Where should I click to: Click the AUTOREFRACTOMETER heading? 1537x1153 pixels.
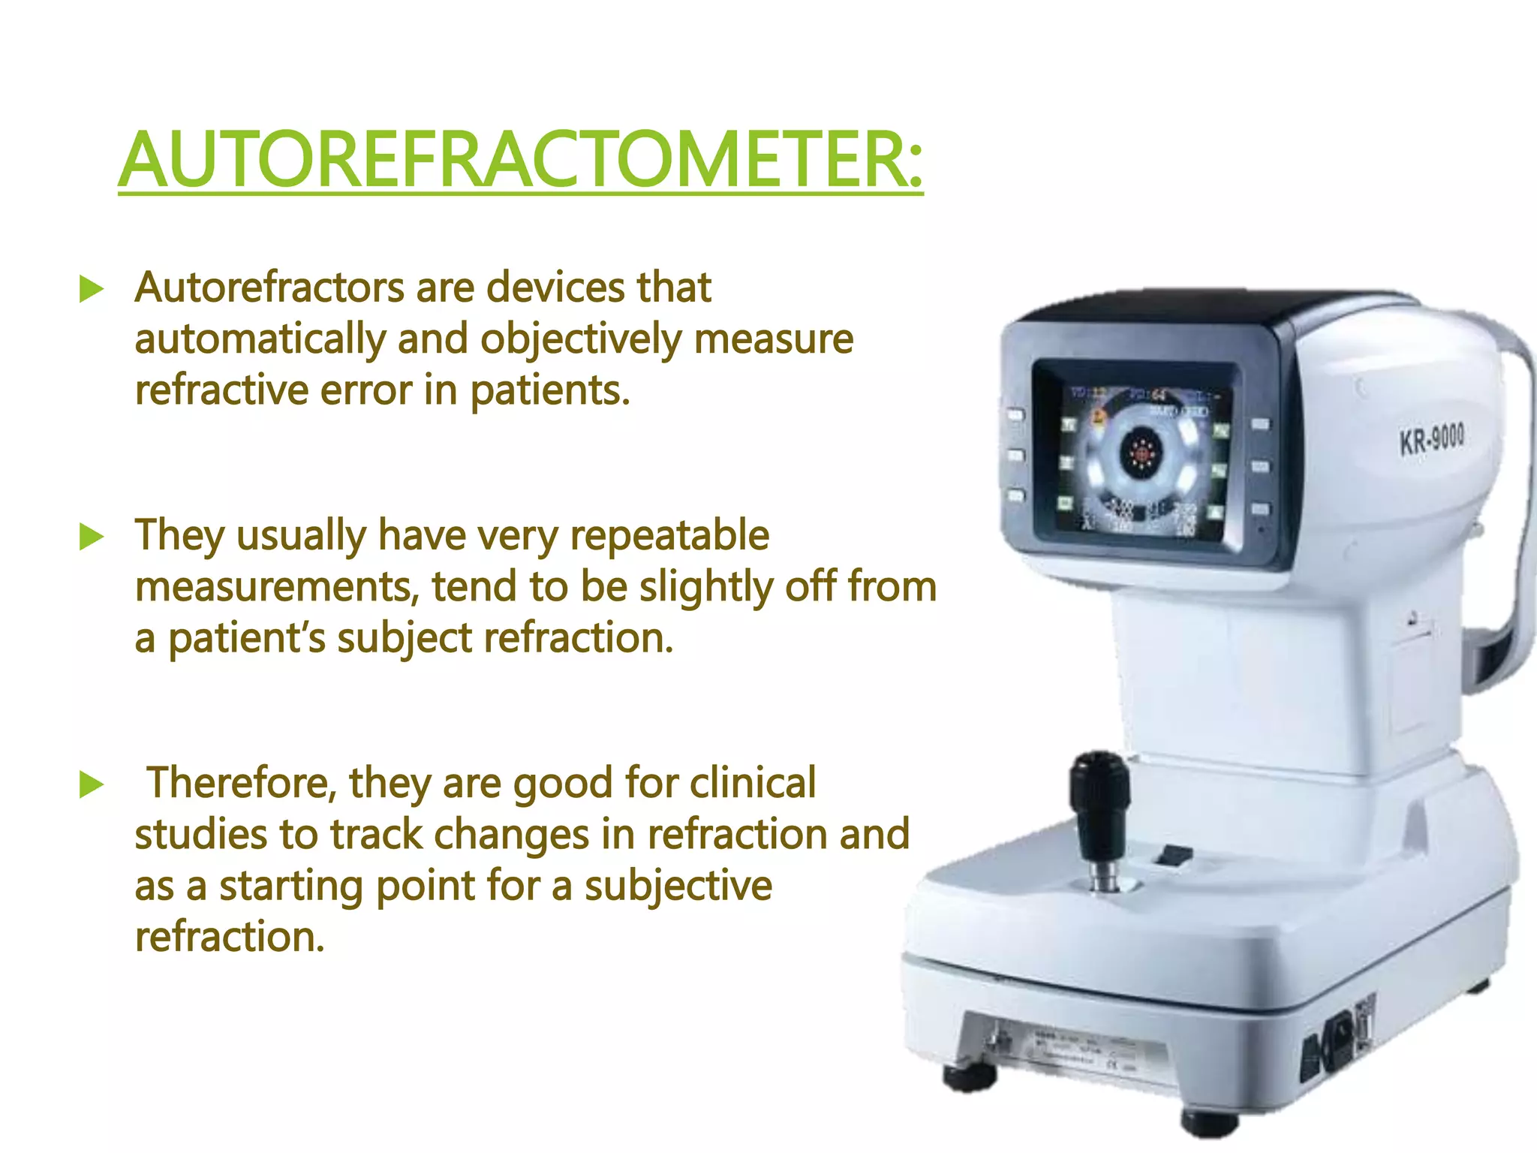pos(520,160)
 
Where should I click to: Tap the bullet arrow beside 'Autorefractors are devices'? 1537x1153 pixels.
pos(91,289)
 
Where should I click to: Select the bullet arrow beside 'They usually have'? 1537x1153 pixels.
pos(91,537)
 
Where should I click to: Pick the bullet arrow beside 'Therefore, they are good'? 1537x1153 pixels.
pos(91,785)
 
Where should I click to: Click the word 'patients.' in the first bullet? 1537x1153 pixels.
pos(549,390)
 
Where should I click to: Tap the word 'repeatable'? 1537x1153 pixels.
pos(669,535)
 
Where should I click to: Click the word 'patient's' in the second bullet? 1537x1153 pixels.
pos(246,638)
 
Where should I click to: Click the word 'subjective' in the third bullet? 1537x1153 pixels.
pos(678,886)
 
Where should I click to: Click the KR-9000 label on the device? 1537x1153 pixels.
pos(1430,438)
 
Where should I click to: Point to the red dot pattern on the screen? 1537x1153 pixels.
pos(1141,452)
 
